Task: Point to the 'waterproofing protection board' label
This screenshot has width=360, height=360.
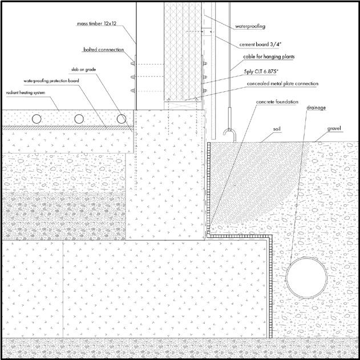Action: click(51, 81)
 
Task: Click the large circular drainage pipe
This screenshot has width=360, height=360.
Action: click(308, 277)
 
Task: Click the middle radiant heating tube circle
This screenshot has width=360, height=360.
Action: click(79, 119)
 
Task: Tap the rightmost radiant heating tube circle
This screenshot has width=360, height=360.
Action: click(122, 119)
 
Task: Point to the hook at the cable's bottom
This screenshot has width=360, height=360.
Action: click(228, 135)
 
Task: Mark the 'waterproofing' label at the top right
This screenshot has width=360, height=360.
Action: click(250, 26)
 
